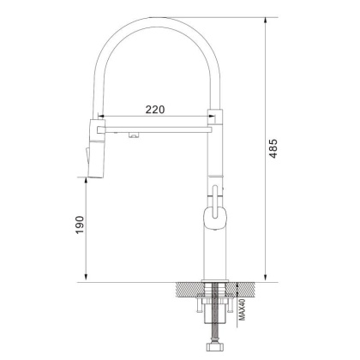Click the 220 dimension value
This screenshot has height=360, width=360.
[154, 109]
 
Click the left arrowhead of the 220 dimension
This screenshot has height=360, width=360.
[106, 118]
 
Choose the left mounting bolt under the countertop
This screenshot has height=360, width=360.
[201, 310]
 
